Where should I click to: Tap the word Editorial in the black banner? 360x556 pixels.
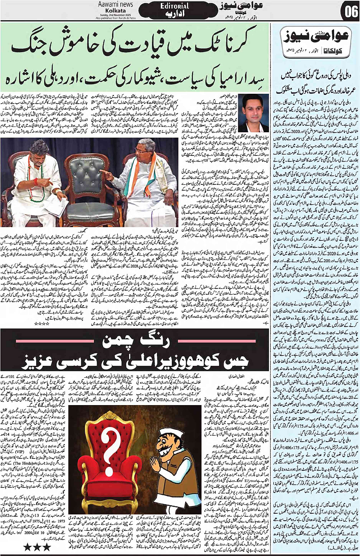click(174, 6)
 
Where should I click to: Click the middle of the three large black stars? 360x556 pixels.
click(37, 548)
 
